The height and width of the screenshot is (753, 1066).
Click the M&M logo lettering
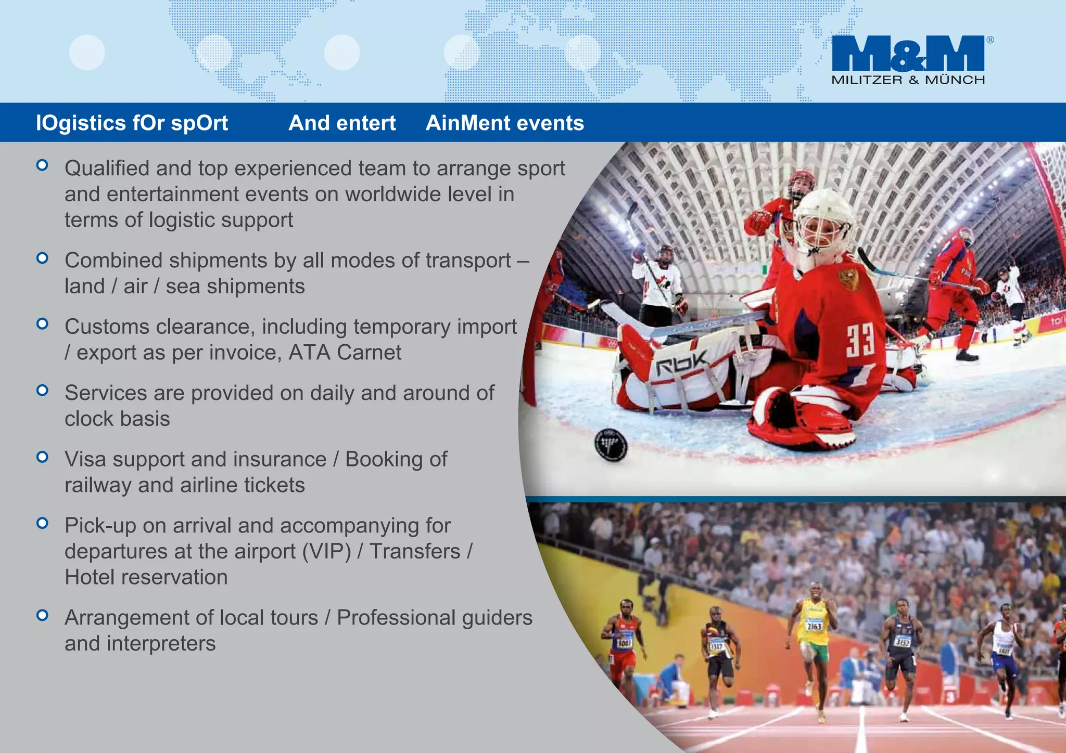point(908,54)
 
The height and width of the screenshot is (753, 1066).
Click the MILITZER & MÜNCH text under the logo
point(908,80)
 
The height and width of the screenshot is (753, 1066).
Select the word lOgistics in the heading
point(81,124)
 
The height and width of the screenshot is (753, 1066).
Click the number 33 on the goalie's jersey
point(859,341)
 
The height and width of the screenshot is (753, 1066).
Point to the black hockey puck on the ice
point(611,445)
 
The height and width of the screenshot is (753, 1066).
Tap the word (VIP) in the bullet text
point(327,551)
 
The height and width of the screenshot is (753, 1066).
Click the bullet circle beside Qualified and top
point(43,166)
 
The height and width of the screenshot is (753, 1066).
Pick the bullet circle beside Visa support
point(43,457)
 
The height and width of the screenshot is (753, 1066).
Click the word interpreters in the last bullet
point(161,644)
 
